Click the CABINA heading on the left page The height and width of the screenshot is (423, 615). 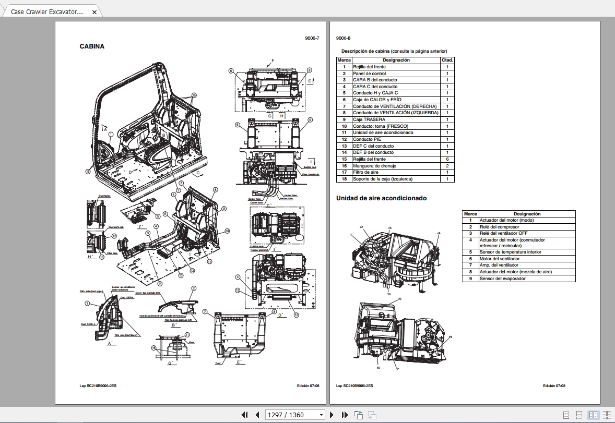point(92,46)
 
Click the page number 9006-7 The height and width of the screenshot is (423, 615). point(312,38)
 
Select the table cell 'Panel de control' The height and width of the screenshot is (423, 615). point(370,74)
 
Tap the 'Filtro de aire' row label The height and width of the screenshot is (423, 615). point(365,172)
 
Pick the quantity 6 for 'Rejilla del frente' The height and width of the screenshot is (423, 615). point(447,159)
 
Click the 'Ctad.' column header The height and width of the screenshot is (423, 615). point(447,60)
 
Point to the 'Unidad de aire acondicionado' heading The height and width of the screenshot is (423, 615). point(381,198)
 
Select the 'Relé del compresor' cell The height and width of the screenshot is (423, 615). point(499,227)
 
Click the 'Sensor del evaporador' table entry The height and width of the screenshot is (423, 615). point(502,279)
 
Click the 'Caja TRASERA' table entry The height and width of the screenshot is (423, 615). point(369,119)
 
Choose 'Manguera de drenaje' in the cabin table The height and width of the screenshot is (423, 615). point(374,166)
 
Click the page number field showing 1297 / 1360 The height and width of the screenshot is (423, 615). point(294,415)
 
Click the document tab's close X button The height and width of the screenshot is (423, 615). point(94,11)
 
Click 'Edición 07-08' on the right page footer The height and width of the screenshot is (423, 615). point(554,386)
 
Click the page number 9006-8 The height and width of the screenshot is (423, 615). point(344,38)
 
